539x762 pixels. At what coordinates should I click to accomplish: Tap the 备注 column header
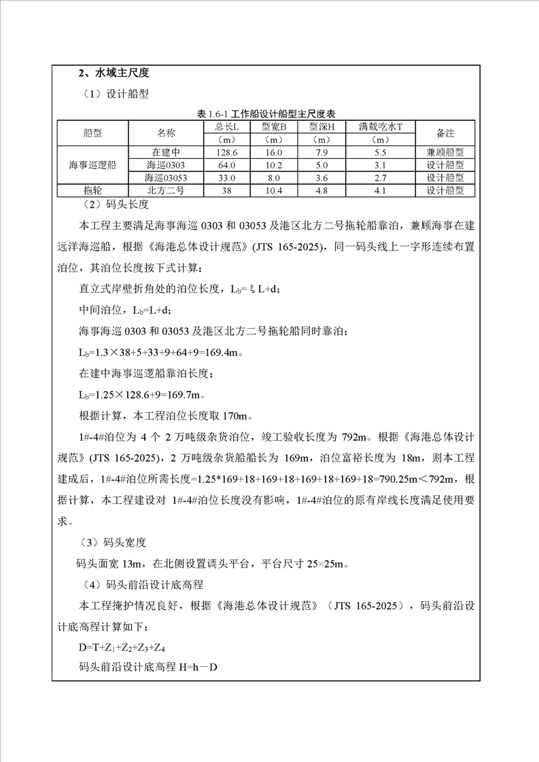445,132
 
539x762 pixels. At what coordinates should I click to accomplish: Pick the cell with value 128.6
226,153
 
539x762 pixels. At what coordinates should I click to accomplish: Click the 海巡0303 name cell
166,165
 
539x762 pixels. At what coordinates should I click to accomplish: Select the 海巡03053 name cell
166,178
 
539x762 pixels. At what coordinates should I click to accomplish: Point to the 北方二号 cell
166,191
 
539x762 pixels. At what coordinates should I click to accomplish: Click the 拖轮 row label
92,191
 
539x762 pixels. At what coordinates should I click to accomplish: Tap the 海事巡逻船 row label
92,165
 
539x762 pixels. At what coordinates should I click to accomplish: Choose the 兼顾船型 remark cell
445,153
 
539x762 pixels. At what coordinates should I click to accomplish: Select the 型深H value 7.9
322,153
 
